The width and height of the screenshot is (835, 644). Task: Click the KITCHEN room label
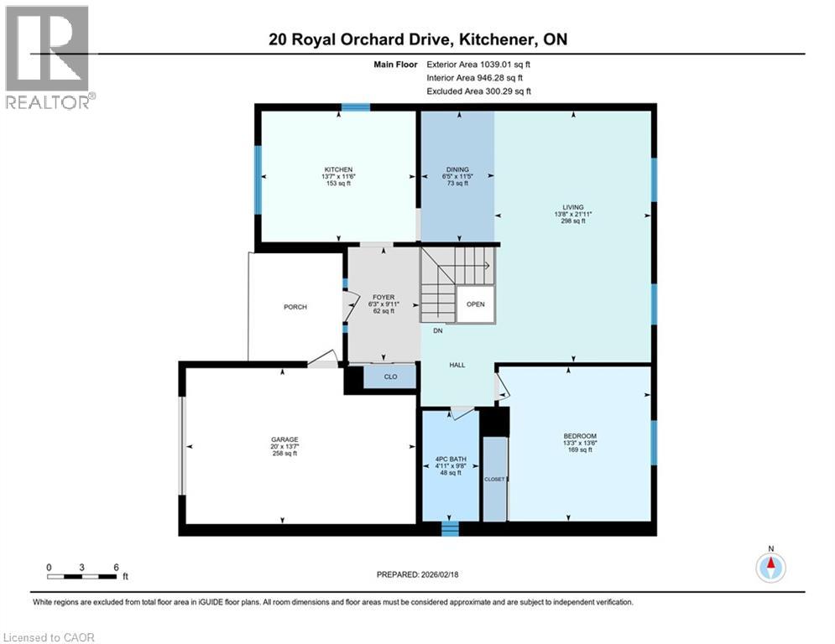pos(339,169)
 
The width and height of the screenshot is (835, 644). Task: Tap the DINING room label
pos(457,169)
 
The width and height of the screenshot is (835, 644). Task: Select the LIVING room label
pos(573,207)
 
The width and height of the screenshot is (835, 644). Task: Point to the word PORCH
pos(295,307)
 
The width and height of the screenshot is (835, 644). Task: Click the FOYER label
pos(383,297)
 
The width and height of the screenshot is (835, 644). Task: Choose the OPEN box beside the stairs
pos(476,304)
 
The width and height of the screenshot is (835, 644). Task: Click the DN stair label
pos(437,330)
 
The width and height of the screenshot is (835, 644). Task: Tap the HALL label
pos(457,365)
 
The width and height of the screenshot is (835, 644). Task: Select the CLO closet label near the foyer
pos(390,377)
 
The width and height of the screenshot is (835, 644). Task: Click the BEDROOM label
pos(580,436)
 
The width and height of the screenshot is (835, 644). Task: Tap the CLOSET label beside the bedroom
pos(493,478)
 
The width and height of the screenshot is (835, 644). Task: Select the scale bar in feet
pos(81,575)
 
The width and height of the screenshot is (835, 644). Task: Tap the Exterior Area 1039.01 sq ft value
pos(478,63)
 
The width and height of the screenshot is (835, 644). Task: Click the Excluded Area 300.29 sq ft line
pos(478,91)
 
